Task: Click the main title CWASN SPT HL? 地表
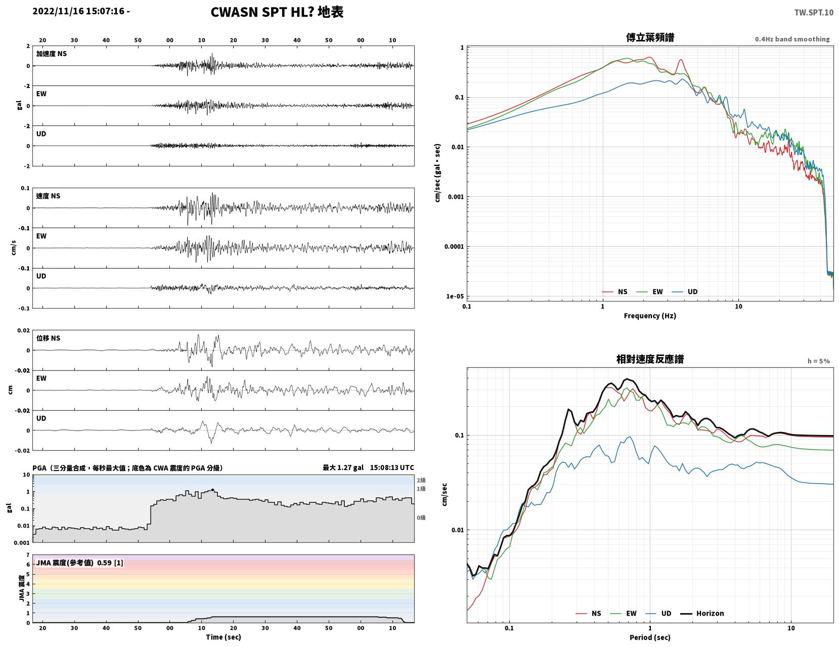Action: [277, 12]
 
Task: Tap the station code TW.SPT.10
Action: [814, 12]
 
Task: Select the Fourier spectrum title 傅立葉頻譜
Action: [650, 37]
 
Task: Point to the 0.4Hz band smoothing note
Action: [792, 39]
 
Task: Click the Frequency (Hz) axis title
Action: [650, 316]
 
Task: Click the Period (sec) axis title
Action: [650, 637]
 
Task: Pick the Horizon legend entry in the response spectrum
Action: [701, 614]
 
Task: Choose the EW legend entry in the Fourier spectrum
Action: [649, 292]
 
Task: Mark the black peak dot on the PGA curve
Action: [212, 490]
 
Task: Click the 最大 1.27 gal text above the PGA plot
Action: [343, 467]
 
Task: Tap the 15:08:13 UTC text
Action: [392, 467]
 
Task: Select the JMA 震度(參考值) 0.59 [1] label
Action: [79, 563]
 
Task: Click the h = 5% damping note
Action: [819, 361]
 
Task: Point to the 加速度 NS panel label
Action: [52, 54]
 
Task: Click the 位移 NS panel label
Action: [48, 338]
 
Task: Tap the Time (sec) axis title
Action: [223, 637]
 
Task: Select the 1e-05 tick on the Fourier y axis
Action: [455, 296]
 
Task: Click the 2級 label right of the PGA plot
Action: [421, 480]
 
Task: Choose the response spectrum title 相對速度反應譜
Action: [650, 359]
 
